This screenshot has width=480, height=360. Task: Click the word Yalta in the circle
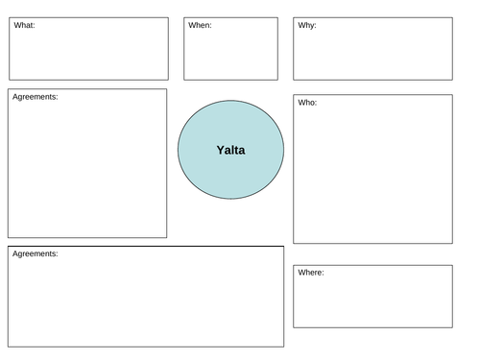click(230, 150)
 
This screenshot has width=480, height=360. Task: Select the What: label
click(24, 25)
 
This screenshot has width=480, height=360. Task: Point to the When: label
click(200, 25)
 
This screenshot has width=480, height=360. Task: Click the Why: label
click(307, 25)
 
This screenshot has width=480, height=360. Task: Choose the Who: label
click(308, 102)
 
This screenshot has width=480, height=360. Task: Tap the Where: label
click(311, 273)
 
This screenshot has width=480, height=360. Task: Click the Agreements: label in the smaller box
click(36, 97)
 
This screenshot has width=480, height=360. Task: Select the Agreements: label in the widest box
click(36, 253)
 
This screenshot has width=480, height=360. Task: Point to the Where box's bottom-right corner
click(452, 327)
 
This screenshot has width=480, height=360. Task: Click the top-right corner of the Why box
click(452, 16)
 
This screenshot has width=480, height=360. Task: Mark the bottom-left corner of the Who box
click(294, 243)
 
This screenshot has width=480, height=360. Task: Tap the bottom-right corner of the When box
click(277, 80)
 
